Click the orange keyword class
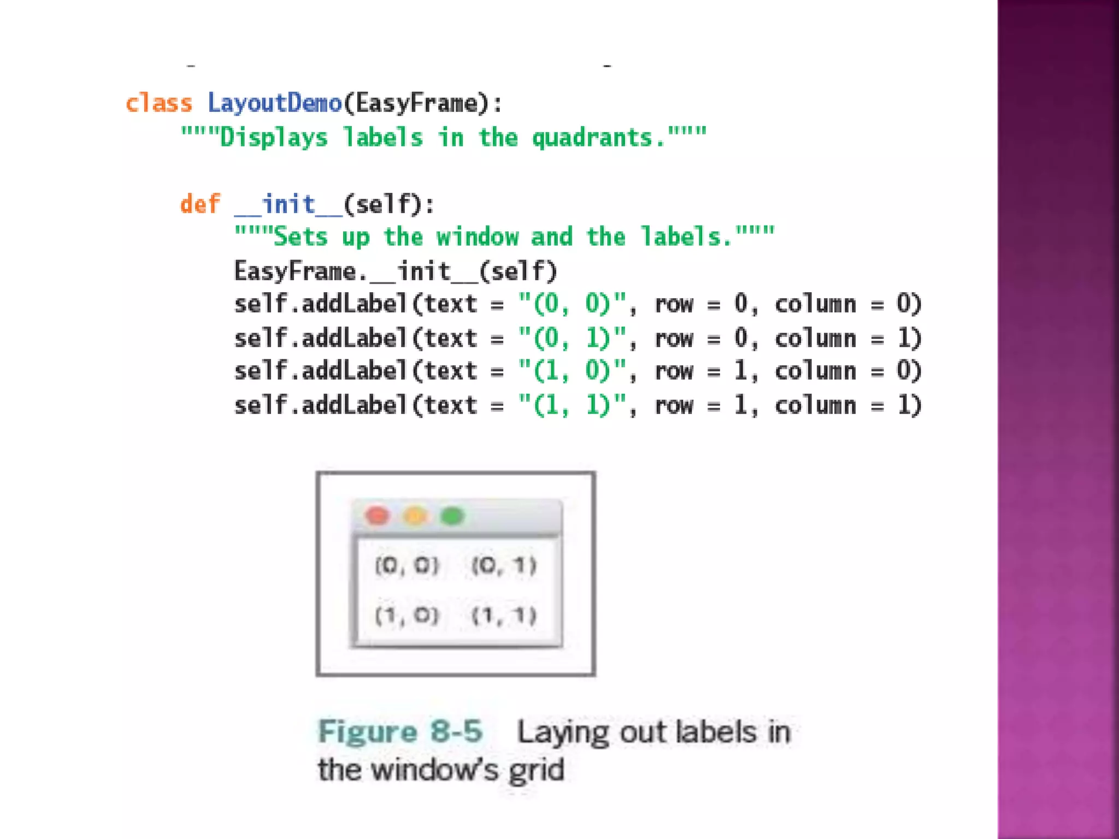(x=159, y=103)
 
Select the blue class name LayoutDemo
(x=274, y=103)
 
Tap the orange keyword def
(x=200, y=204)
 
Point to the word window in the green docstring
(x=477, y=237)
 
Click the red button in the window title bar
(x=377, y=516)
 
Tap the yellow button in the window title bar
(x=415, y=516)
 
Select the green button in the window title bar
(x=452, y=516)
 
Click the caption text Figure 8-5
(x=401, y=731)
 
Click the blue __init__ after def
(x=288, y=204)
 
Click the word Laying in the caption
(x=563, y=732)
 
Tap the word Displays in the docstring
(x=274, y=137)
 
